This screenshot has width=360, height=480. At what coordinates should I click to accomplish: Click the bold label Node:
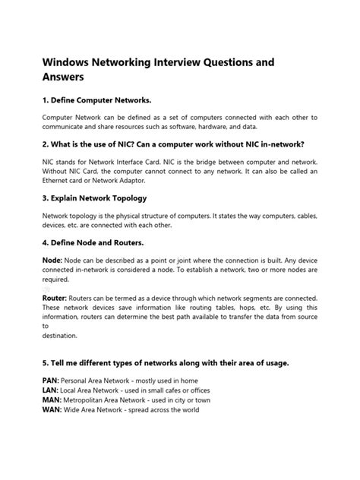pos(52,261)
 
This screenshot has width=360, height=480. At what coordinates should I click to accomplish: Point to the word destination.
pos(60,335)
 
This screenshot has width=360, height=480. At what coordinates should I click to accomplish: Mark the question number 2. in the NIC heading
pos(46,144)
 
